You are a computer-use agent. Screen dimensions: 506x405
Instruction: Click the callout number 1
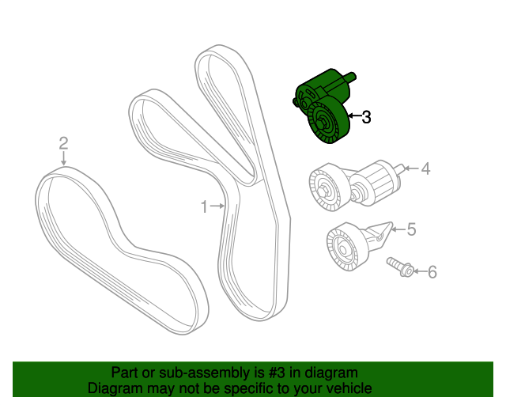(204, 206)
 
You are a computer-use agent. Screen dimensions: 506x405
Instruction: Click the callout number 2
(63, 143)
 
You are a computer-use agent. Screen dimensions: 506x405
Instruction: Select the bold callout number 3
(366, 117)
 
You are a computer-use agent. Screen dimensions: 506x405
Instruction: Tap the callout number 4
(425, 169)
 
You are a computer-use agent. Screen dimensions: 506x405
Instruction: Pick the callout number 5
(411, 229)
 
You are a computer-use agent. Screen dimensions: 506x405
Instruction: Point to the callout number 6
(432, 272)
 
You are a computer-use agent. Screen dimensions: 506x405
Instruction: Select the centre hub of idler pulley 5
(342, 250)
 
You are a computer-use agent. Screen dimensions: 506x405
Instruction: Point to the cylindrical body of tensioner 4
(376, 182)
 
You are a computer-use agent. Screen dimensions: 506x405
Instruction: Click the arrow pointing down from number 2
(64, 158)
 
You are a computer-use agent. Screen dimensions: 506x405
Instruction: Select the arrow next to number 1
(217, 206)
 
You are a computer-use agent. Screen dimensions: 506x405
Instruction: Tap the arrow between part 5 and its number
(398, 229)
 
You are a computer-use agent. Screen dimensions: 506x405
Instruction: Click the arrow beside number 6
(421, 271)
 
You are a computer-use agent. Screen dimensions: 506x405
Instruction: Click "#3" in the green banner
(277, 373)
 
